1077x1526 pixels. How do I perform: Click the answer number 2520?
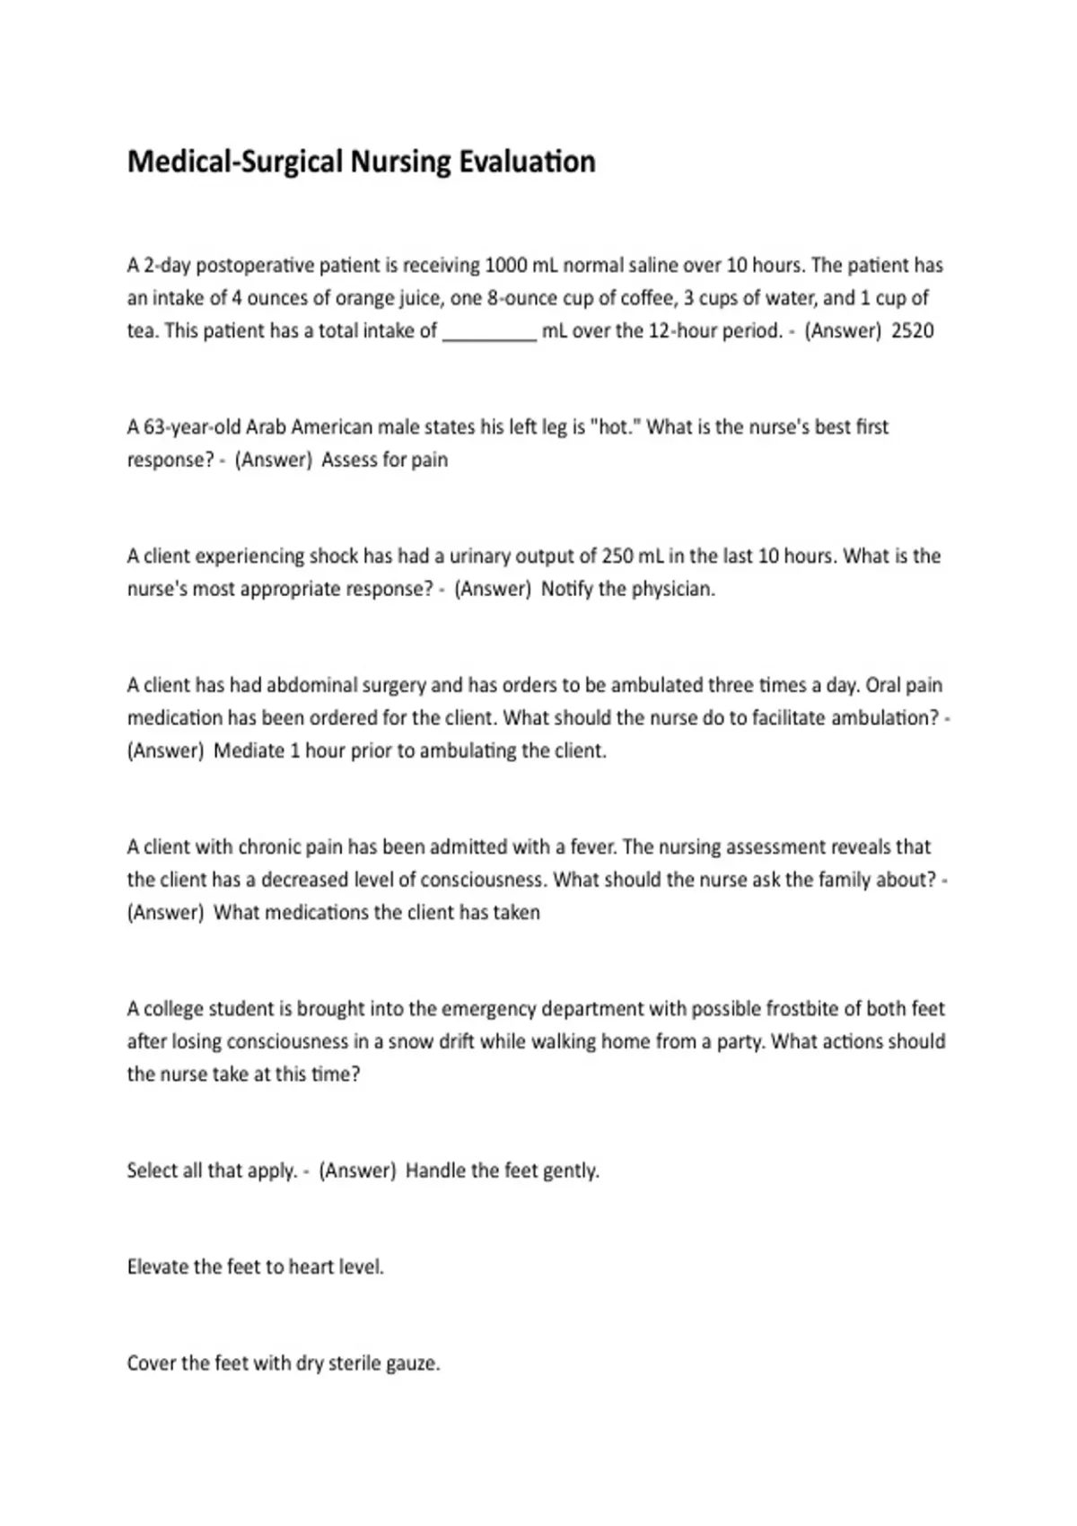point(912,330)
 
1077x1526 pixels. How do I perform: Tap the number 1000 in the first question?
point(505,266)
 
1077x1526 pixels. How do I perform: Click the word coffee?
point(647,298)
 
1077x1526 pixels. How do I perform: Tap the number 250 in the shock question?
point(617,557)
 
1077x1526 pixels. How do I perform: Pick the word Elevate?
point(158,1267)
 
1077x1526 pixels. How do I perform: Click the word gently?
point(571,1171)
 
